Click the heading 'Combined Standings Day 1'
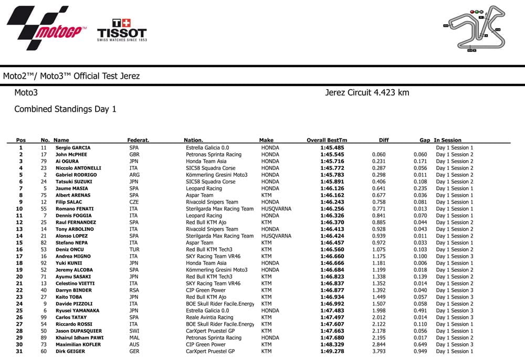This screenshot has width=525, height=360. click(x=65, y=109)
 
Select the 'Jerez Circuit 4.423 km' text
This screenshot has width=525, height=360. click(x=367, y=93)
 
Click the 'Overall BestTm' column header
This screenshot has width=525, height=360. click(x=327, y=140)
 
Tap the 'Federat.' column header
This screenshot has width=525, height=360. click(x=138, y=140)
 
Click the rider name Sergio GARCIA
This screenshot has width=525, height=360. click(x=73, y=148)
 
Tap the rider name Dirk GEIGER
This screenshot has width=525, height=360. click(x=70, y=351)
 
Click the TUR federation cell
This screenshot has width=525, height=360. click(x=134, y=250)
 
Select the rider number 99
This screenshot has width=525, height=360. click(x=44, y=317)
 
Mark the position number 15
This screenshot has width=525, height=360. click(x=20, y=243)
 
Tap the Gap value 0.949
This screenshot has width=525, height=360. click(x=419, y=351)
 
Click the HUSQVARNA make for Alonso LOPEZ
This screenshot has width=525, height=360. click(x=276, y=236)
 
